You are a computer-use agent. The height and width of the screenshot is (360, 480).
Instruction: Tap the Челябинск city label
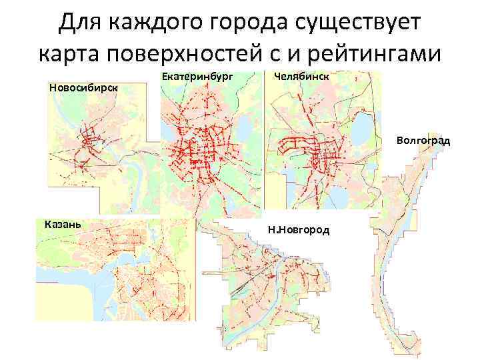[301, 76]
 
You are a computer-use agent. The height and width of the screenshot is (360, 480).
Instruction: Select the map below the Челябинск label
[313, 147]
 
